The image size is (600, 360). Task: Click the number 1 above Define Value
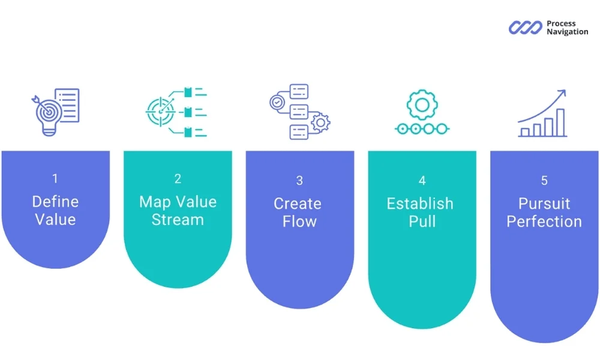(55, 178)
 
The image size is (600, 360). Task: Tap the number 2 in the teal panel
(178, 178)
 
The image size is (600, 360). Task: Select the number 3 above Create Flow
(299, 181)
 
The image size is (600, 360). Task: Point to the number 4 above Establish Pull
(422, 181)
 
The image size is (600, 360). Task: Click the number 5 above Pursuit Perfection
(544, 181)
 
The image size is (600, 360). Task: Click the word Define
(55, 202)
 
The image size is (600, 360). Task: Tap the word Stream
(178, 220)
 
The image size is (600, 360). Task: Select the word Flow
(299, 221)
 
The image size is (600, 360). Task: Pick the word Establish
(420, 203)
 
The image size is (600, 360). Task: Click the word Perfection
(544, 221)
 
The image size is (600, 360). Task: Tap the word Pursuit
(544, 203)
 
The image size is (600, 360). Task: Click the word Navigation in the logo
(567, 32)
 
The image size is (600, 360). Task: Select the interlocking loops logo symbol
(526, 28)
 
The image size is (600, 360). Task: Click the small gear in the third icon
(322, 122)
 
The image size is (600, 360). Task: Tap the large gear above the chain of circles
(422, 106)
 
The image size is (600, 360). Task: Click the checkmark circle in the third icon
(277, 103)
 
